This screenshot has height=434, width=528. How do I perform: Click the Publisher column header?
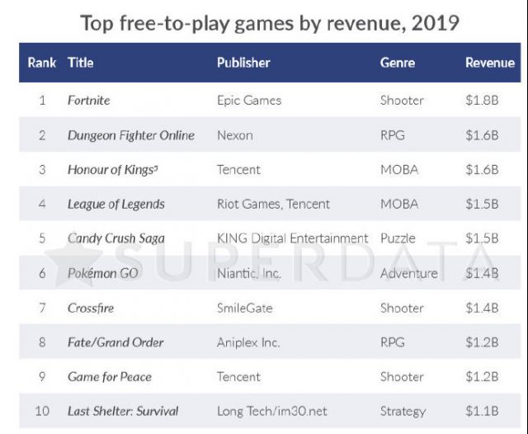(243, 63)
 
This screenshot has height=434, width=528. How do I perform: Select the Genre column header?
(398, 63)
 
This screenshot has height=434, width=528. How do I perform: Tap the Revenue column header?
(490, 63)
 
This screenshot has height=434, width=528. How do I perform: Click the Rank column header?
(42, 63)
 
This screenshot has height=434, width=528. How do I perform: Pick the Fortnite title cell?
(88, 101)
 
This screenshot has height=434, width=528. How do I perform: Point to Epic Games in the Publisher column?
(248, 101)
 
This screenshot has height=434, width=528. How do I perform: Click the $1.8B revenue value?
(482, 101)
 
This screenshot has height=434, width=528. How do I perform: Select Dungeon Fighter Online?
(131, 135)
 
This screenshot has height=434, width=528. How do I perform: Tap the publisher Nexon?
(234, 135)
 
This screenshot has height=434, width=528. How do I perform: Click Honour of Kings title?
(111, 170)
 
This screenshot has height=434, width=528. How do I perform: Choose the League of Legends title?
(115, 204)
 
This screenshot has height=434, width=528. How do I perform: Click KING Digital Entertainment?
(292, 238)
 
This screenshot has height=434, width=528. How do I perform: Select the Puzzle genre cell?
(398, 238)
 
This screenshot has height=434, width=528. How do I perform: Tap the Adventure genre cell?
(408, 273)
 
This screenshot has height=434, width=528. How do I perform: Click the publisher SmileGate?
(244, 308)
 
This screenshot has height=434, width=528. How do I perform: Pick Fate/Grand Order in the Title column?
(115, 342)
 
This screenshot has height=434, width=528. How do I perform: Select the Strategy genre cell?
(403, 411)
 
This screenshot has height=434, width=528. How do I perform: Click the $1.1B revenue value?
(482, 411)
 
